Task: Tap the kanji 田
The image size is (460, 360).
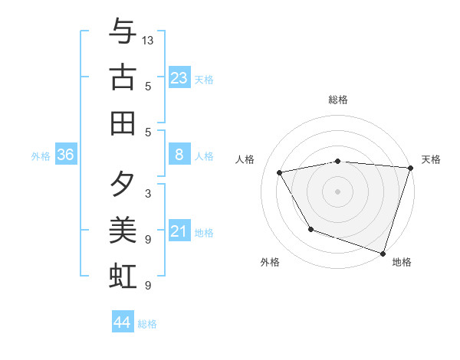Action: tap(123, 123)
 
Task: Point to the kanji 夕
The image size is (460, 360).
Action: tap(123, 184)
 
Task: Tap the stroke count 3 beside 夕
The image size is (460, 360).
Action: tap(147, 193)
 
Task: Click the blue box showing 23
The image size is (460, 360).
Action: tap(179, 77)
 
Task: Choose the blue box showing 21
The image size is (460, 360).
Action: tap(179, 232)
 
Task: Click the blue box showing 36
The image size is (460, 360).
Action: tap(66, 155)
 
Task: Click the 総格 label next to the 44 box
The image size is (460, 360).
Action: tap(147, 324)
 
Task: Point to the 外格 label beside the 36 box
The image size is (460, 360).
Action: tap(41, 156)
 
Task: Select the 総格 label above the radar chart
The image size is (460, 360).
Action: tap(337, 100)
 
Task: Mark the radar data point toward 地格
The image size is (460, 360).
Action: tap(383, 252)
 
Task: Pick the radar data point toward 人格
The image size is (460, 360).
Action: tap(280, 173)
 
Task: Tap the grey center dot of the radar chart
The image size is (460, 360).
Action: tap(337, 191)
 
